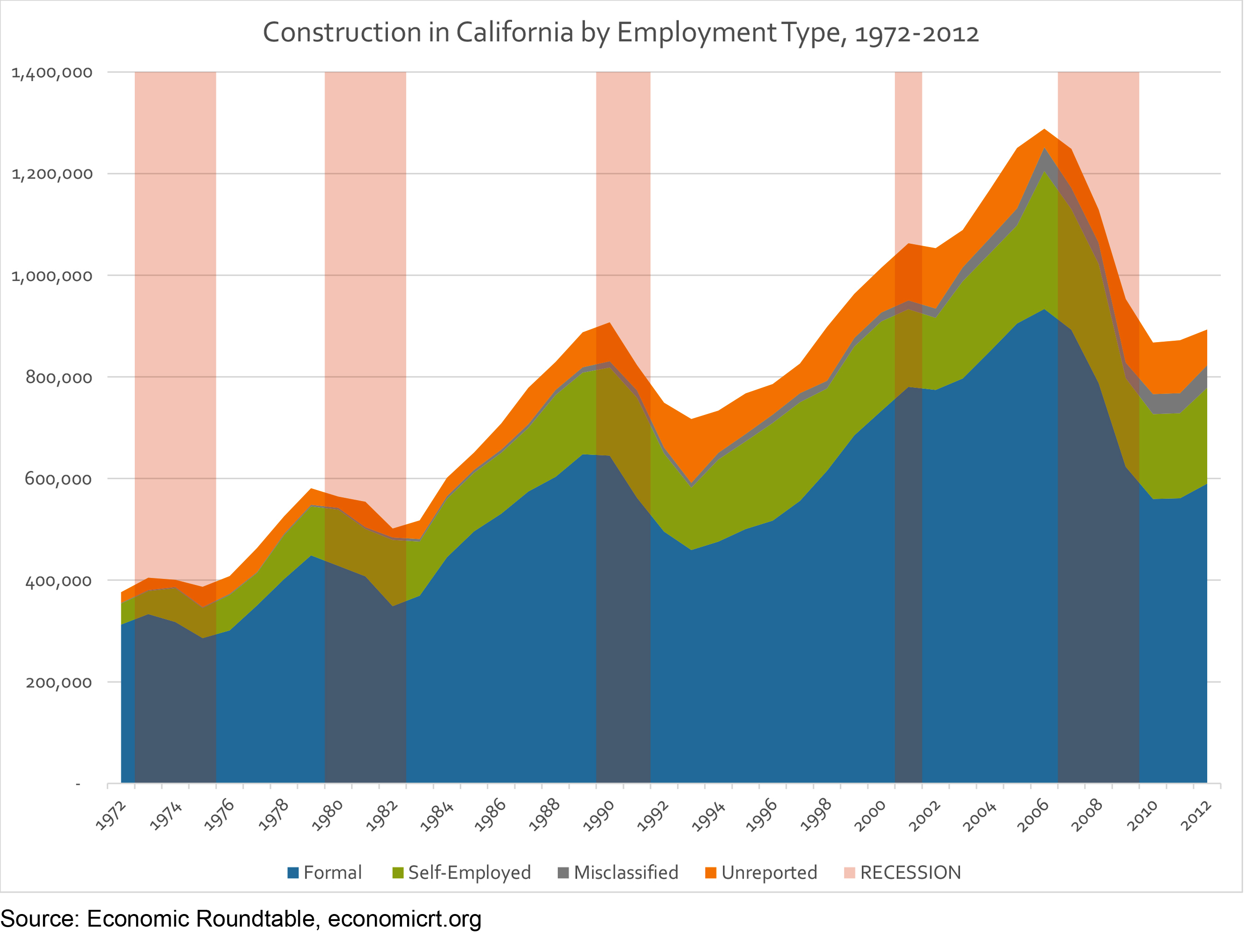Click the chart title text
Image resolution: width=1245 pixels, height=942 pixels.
pyautogui.click(x=620, y=33)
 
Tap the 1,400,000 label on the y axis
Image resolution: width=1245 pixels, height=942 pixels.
pyautogui.click(x=52, y=73)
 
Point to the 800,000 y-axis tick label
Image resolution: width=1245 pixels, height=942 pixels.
pyautogui.click(x=59, y=377)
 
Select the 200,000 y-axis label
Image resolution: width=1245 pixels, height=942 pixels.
pyautogui.click(x=59, y=682)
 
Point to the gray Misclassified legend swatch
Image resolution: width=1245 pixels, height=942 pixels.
pyautogui.click(x=563, y=873)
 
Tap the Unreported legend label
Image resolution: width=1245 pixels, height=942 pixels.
pyautogui.click(x=769, y=873)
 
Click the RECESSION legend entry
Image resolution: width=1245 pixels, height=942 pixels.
pyautogui.click(x=910, y=873)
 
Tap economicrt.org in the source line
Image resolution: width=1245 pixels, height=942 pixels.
pyautogui.click(x=404, y=920)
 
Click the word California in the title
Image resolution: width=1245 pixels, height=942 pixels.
pyautogui.click(x=514, y=33)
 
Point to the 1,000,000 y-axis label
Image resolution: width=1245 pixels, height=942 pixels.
pyautogui.click(x=52, y=276)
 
